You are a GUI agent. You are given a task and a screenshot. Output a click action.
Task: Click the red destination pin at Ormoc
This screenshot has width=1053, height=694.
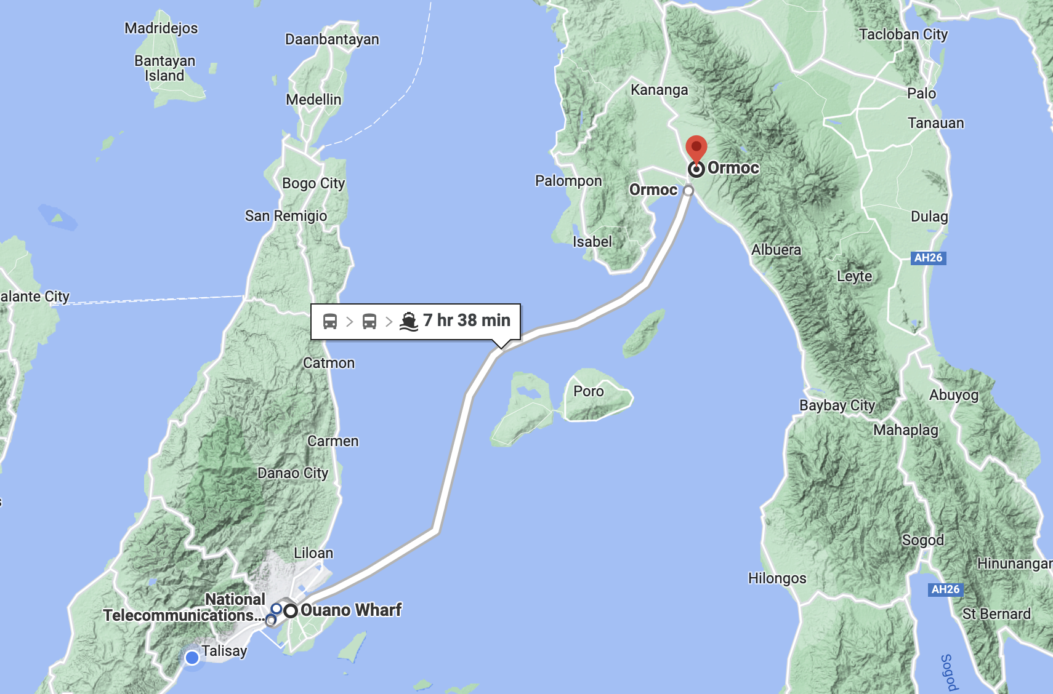pyautogui.click(x=696, y=148)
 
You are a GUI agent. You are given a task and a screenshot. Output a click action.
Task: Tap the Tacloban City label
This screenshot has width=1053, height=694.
pyautogui.click(x=903, y=34)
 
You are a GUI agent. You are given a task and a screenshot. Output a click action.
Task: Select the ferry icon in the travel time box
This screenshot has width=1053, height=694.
pyautogui.click(x=409, y=321)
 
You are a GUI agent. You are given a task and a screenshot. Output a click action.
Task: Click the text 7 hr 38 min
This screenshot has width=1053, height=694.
pyautogui.click(x=466, y=321)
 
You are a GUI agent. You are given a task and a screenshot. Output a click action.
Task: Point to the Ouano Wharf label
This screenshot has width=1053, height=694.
pyautogui.click(x=350, y=610)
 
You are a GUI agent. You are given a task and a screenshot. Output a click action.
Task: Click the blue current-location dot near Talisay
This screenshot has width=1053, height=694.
pyautogui.click(x=192, y=658)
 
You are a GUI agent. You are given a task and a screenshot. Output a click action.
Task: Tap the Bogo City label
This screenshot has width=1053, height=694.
pyautogui.click(x=313, y=183)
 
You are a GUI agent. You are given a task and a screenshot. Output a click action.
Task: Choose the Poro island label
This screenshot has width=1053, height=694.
pyautogui.click(x=588, y=391)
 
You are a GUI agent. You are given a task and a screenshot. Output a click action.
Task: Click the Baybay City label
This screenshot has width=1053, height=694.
pyautogui.click(x=837, y=405)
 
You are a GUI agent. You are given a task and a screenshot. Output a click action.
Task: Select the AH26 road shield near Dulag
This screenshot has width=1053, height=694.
pyautogui.click(x=928, y=258)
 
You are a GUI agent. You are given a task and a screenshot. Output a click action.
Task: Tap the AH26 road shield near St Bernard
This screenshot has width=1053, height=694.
pyautogui.click(x=945, y=589)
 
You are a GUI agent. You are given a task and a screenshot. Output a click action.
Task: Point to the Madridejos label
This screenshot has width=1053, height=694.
pyautogui.click(x=161, y=28)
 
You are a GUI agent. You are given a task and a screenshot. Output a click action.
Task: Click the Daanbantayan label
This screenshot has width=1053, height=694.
pyautogui.click(x=332, y=39)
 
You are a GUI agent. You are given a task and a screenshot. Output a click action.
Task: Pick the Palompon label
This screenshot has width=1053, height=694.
pyautogui.click(x=568, y=181)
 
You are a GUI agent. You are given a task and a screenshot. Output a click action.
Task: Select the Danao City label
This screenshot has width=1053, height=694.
pyautogui.click(x=292, y=473)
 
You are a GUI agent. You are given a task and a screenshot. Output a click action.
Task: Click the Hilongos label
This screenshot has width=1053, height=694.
pyautogui.click(x=777, y=578)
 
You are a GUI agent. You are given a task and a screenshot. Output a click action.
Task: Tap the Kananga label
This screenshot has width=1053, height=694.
pyautogui.click(x=659, y=90)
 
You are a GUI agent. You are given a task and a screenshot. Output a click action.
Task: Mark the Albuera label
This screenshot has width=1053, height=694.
pyautogui.click(x=776, y=250)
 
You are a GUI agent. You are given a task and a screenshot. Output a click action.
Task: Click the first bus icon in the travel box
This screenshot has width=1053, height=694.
pyautogui.click(x=330, y=321)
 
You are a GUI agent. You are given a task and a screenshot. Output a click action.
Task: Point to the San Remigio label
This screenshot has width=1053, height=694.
pyautogui.click(x=286, y=216)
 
